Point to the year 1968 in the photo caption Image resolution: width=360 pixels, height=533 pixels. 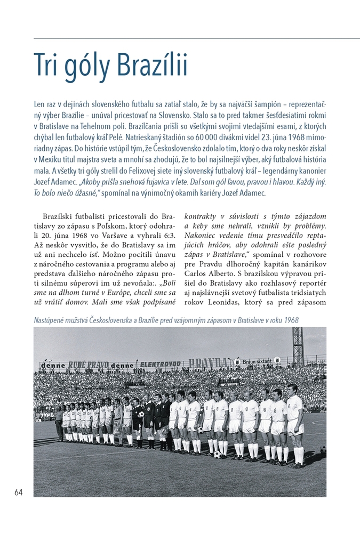pos(290,320)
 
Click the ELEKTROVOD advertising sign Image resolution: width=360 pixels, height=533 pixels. pos(164,365)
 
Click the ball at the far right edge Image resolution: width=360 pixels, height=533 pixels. pos(323,449)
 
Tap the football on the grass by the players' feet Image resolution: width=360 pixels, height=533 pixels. pos(218,454)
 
